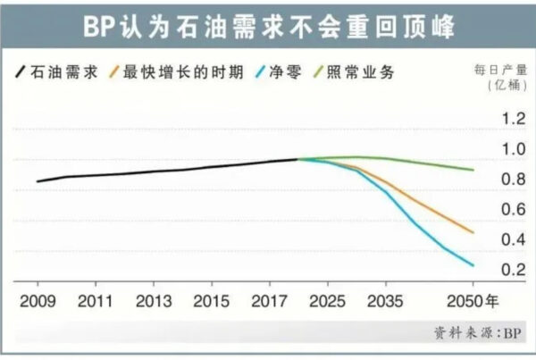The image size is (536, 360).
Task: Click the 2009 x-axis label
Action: (37, 301)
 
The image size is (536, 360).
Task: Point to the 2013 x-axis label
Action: (155, 301)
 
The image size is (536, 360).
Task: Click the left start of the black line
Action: (38, 181)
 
